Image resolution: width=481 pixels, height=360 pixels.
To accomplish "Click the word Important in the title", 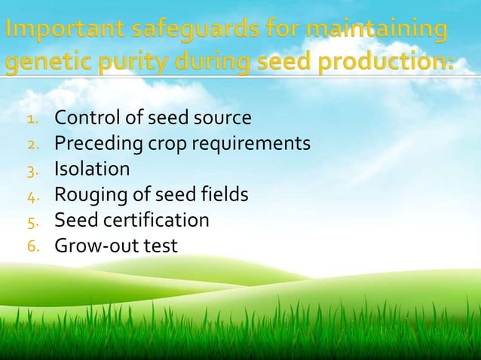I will coord(63,33).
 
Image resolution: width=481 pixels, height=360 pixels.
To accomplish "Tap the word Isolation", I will coord(92,169).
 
